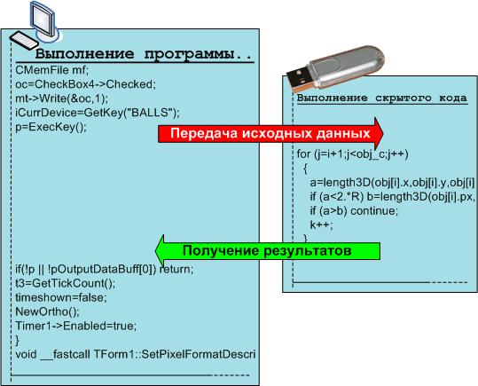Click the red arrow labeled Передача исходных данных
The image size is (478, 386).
pos(270,134)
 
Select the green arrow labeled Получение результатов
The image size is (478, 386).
pos(268,251)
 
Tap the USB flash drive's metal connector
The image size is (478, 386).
pos(299,79)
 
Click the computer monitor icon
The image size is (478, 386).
pos(43,21)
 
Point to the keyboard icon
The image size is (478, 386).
pos(24,40)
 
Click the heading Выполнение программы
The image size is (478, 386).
pos(144,54)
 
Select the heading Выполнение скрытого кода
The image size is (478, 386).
pos(382,98)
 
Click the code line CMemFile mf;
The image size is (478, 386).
pos(51,70)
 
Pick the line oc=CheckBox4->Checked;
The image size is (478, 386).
pos(85,84)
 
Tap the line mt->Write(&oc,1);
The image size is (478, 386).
pos(61,98)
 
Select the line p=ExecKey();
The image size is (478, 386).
pos(51,127)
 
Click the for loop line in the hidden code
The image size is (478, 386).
pos(352,154)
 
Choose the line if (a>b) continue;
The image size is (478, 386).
pos(354,211)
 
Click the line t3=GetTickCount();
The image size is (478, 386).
pos(66,283)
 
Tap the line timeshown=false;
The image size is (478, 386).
pos(61,297)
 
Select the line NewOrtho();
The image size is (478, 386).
pos(47,311)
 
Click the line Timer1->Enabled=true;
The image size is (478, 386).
pos(76,326)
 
